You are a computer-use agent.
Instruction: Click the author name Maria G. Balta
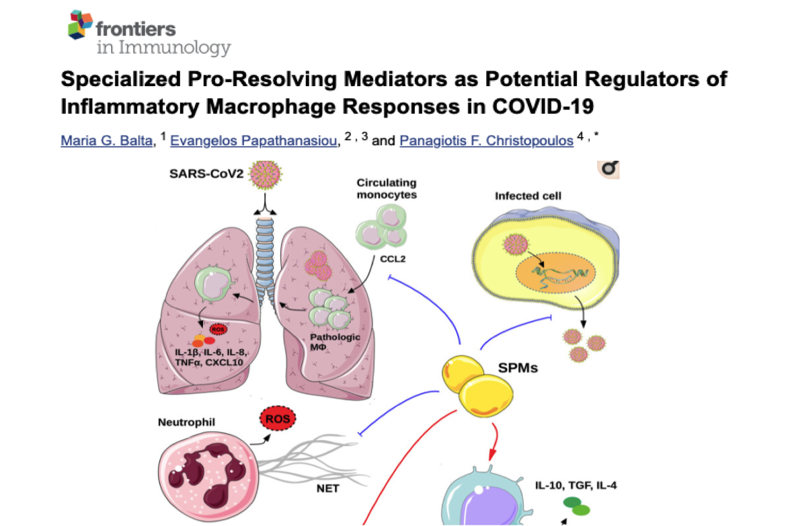coord(104,141)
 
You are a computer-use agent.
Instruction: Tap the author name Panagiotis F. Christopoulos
coord(485,141)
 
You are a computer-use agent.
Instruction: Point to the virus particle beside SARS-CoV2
coord(265,176)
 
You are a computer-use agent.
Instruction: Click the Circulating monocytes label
coord(387,188)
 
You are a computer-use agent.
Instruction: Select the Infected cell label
coord(528,196)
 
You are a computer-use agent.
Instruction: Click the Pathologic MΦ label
coord(335,342)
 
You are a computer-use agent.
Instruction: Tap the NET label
coord(327,488)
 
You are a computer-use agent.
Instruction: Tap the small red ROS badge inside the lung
coord(218,330)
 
